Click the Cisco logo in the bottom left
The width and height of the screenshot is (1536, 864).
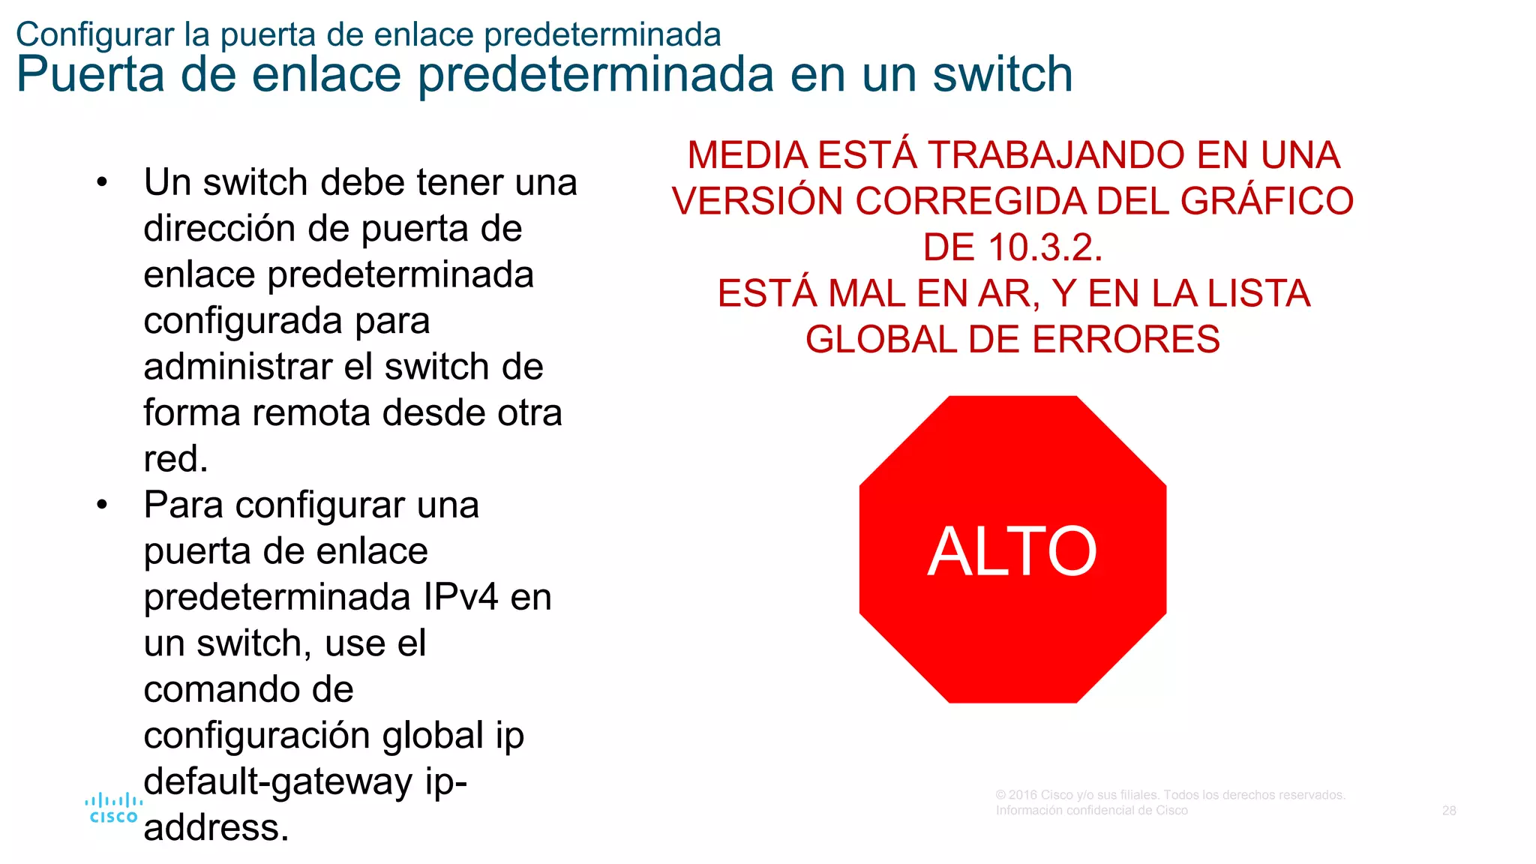(x=113, y=808)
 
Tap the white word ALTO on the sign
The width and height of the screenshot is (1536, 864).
(x=1012, y=552)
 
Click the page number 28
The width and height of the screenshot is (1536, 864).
(x=1448, y=811)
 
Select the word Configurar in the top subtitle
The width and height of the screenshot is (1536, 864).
(x=95, y=34)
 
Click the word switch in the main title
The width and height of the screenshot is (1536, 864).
(x=1003, y=74)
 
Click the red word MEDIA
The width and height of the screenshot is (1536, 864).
(x=748, y=156)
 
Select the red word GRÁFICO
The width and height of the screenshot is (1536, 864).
(x=1267, y=202)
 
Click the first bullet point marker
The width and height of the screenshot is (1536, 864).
(x=103, y=182)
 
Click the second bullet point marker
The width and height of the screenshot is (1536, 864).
(x=103, y=505)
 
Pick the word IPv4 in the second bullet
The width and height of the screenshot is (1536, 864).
(x=460, y=598)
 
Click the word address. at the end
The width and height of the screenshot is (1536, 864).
(x=216, y=828)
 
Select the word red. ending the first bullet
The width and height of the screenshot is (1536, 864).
(x=175, y=459)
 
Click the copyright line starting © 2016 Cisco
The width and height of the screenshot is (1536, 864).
(x=1170, y=795)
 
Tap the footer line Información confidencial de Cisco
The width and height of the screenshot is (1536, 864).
(x=1091, y=811)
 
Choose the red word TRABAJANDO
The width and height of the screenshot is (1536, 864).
(x=1057, y=156)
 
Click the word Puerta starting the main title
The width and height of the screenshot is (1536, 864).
(x=90, y=74)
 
